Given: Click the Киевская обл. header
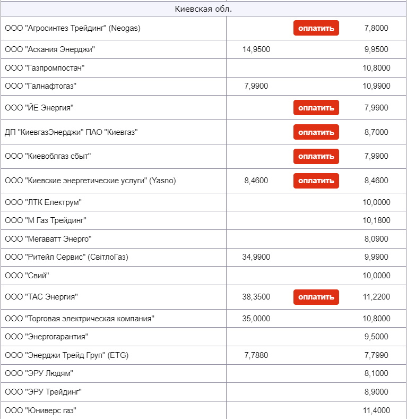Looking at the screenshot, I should point(203,9).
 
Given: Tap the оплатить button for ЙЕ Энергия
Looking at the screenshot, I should point(316,108).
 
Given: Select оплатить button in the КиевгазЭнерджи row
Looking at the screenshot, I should point(316,132).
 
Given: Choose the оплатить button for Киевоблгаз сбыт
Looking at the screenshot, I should point(316,156).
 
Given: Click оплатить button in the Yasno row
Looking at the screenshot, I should point(316,181).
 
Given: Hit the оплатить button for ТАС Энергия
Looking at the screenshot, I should point(316,297).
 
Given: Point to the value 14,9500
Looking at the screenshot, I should point(256,50).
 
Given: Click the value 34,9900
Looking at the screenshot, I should point(256,258).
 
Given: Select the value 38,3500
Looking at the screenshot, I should point(256,297).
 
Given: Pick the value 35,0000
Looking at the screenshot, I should point(256,319).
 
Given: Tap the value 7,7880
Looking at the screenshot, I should point(256,355).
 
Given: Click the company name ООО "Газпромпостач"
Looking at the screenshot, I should point(45,68).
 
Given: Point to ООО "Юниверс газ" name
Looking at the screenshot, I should point(41,410).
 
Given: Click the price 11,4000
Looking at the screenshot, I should point(377,410).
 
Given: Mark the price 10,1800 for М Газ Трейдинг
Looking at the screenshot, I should point(377,220).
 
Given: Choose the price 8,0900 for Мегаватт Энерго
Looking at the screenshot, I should point(377,239).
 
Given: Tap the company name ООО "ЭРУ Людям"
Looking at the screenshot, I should point(39,373).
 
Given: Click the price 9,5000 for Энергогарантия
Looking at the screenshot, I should point(377,337).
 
